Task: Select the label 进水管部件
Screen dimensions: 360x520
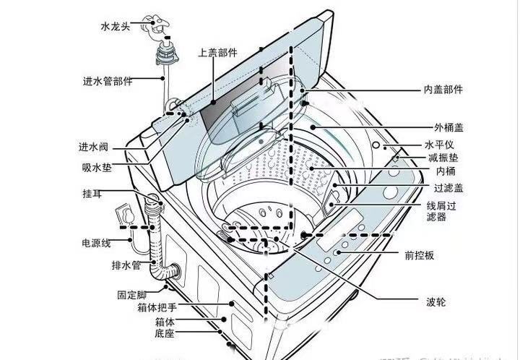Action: pyautogui.click(x=107, y=81)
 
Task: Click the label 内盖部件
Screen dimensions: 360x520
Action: pyautogui.click(x=443, y=90)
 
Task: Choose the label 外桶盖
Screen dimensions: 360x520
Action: pyautogui.click(x=448, y=127)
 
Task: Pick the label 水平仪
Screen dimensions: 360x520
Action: pyautogui.click(x=448, y=145)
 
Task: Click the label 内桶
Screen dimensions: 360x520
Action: pyautogui.click(x=446, y=171)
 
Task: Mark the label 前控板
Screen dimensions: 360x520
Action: pyautogui.click(x=439, y=256)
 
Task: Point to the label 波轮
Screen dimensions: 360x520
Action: pyautogui.click(x=435, y=301)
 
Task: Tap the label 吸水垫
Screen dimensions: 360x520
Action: pyautogui.click(x=96, y=168)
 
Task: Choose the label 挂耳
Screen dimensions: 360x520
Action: pyautogui.click(x=92, y=194)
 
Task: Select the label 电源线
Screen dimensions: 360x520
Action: pyautogui.click(x=96, y=242)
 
